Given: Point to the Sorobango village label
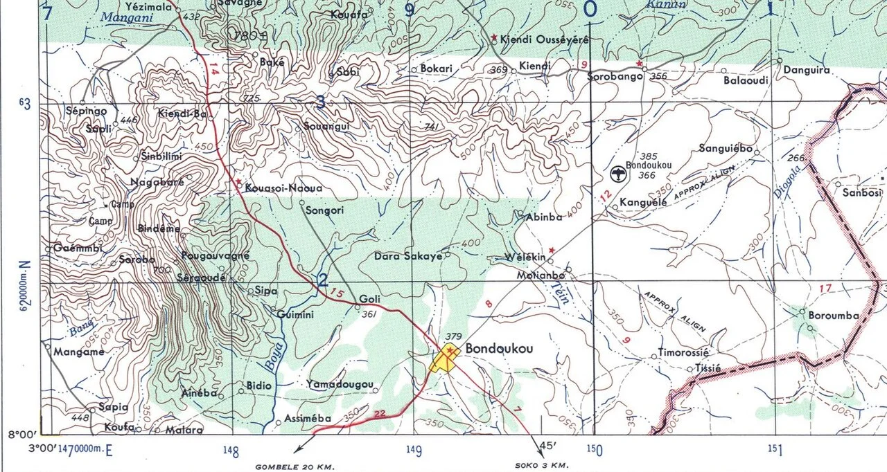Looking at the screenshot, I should [x=615, y=76].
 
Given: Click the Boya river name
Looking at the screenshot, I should [x=276, y=356].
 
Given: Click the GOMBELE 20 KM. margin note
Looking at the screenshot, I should [x=291, y=466].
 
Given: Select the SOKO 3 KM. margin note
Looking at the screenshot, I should [x=542, y=464].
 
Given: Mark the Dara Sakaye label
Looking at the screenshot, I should [x=407, y=256].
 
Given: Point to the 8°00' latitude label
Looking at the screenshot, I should [x=21, y=435].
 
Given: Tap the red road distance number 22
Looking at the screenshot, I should [x=379, y=413].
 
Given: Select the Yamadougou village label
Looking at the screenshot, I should [x=340, y=384].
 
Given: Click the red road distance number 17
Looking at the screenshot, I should [x=824, y=288].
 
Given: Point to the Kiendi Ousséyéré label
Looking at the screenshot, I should [x=544, y=40].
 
